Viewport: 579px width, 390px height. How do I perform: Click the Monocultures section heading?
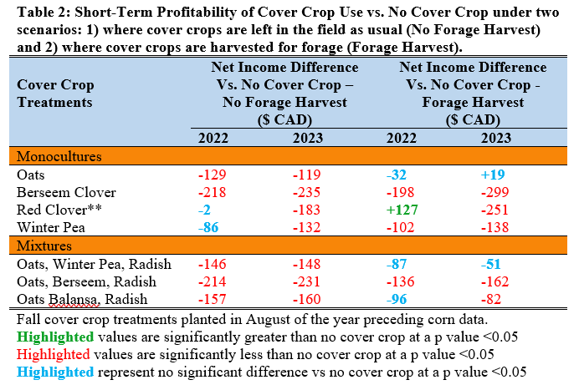[x=54, y=156]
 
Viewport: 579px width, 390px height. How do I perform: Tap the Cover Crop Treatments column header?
[x=55, y=93]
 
